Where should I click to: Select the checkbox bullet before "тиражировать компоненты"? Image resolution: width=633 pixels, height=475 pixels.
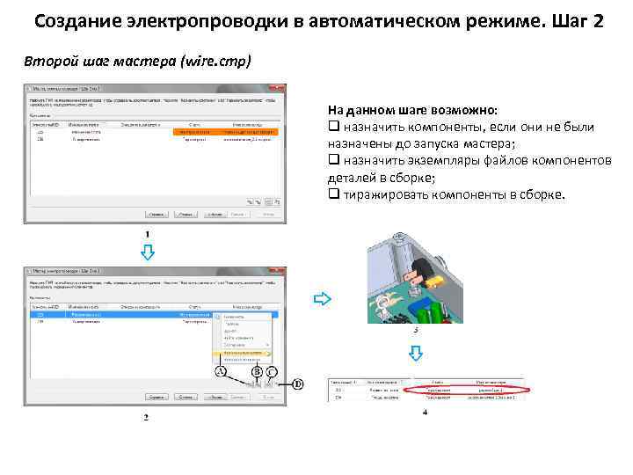pos(332,194)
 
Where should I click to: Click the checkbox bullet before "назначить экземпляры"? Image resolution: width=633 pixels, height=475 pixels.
pos(332,161)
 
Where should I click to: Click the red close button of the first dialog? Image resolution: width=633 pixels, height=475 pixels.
pos(278,89)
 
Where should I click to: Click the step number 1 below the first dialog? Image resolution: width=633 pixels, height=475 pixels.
pos(147,232)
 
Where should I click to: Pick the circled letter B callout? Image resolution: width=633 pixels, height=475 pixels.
pos(257,373)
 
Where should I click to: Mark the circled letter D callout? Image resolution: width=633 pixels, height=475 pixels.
pos(298,384)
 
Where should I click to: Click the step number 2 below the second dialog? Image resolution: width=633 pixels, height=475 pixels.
pos(147,417)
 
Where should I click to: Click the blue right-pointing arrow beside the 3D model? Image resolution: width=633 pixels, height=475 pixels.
pos(323,299)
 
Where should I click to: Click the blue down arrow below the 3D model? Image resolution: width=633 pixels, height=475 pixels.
pos(418,354)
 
